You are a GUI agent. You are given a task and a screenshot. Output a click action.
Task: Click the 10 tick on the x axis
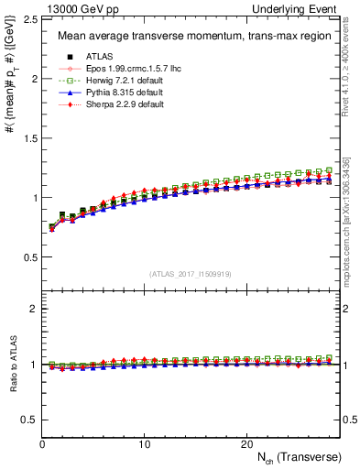pyautogui.click(x=144, y=443)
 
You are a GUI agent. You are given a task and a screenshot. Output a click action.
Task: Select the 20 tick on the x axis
pyautogui.click(x=246, y=443)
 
